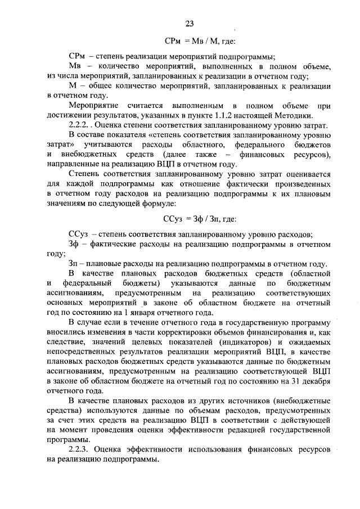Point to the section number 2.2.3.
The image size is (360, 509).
coord(78,449)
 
